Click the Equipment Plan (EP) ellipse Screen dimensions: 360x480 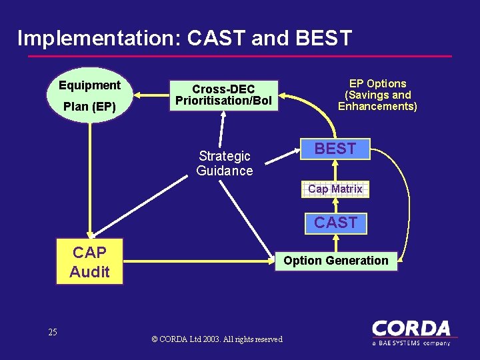click(89, 95)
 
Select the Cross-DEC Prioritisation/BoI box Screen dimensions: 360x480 click(223, 95)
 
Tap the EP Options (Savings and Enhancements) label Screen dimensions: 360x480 click(377, 95)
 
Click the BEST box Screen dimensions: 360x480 click(335, 149)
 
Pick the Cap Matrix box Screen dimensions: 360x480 click(335, 189)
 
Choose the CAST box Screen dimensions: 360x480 click(335, 223)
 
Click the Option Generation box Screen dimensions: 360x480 click(336, 261)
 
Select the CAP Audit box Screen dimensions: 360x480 click(89, 262)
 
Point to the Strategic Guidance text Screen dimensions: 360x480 click(225, 163)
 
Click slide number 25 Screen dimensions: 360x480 click(53, 332)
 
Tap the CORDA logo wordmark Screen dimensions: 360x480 click(411, 329)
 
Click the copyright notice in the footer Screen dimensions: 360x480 click(217, 339)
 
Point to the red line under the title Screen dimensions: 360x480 click(240, 57)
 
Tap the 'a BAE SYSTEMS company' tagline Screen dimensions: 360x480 click(411, 343)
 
